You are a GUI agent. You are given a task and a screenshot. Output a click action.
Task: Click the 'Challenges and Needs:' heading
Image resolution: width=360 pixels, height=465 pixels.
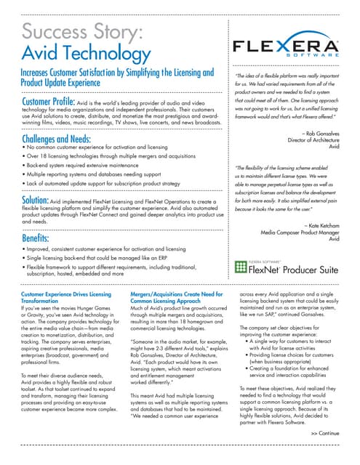tap(50, 138)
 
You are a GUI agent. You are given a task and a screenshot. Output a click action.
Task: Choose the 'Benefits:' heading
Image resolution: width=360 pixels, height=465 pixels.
tap(30, 238)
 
